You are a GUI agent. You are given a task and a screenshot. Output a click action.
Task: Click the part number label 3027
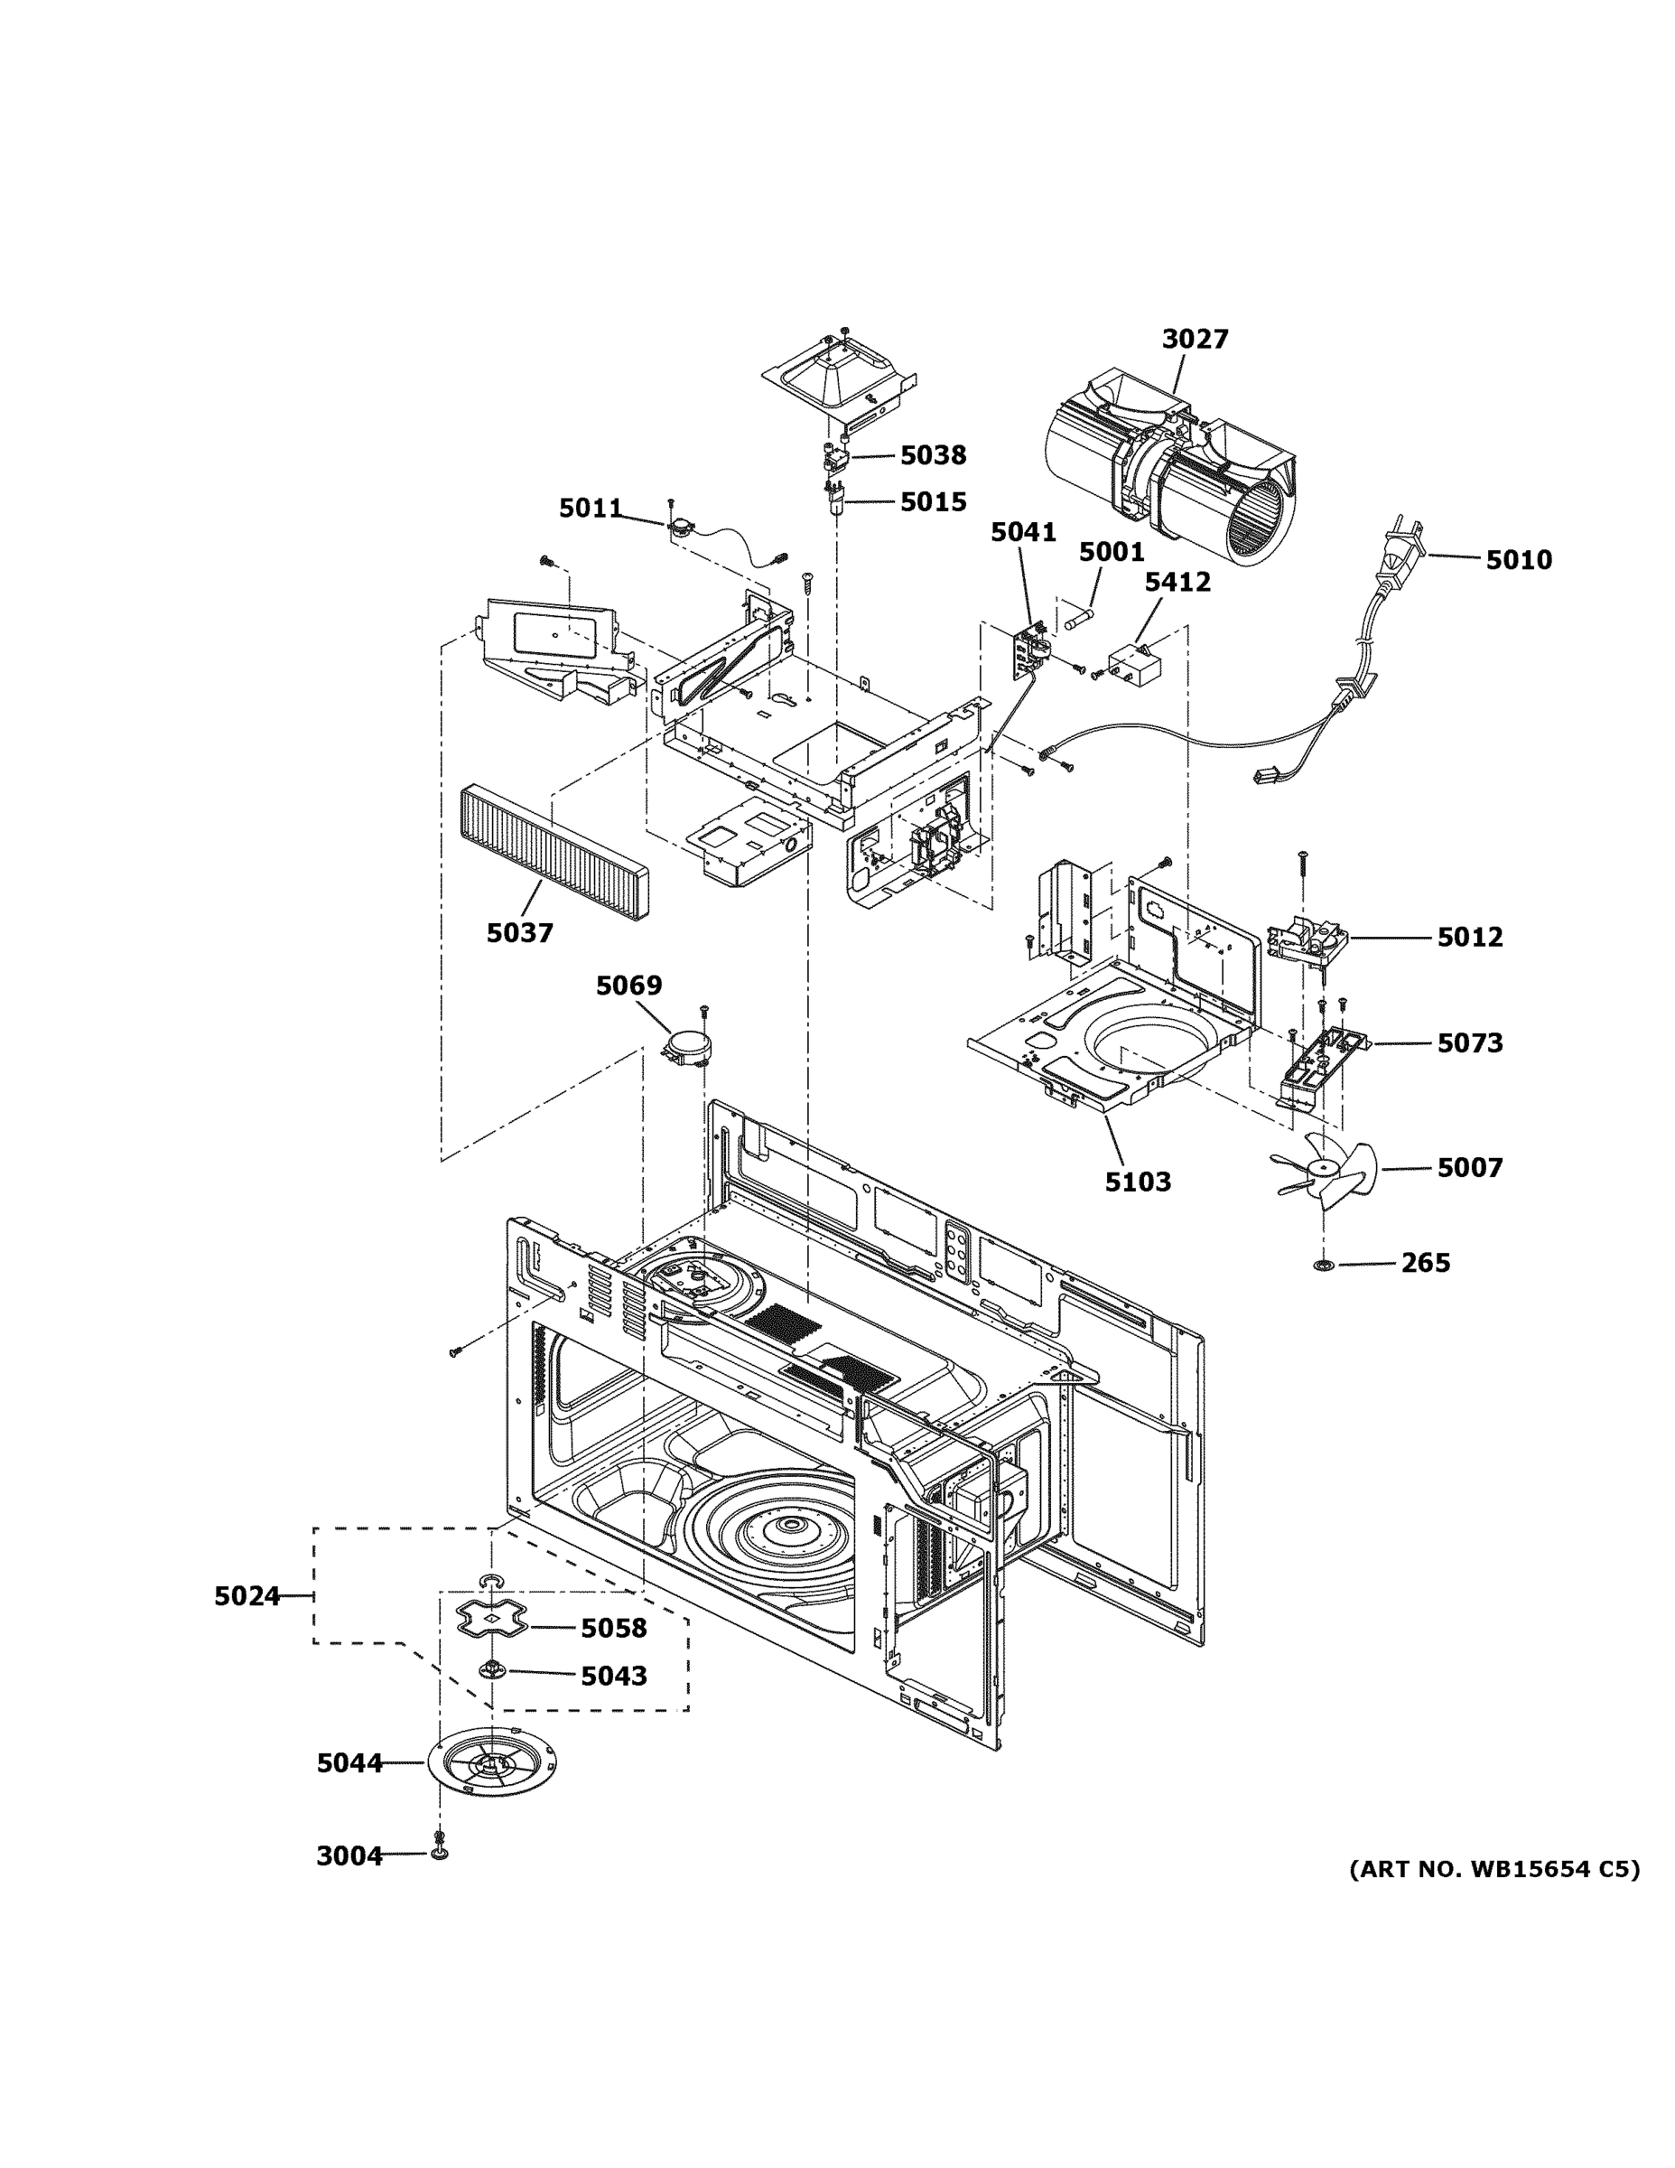[1195, 340]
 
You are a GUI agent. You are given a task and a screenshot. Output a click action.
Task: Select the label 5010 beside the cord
[1518, 561]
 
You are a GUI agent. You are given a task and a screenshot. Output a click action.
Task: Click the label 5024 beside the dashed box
[247, 1596]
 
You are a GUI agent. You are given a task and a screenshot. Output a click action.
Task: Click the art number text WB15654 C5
[1494, 1870]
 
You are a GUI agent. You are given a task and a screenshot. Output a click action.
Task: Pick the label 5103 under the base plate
[1138, 1182]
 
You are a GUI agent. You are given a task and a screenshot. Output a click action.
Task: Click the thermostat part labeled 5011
[680, 528]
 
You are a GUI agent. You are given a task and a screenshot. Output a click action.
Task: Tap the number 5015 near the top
[933, 502]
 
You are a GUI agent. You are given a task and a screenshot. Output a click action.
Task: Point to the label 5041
[1023, 533]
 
